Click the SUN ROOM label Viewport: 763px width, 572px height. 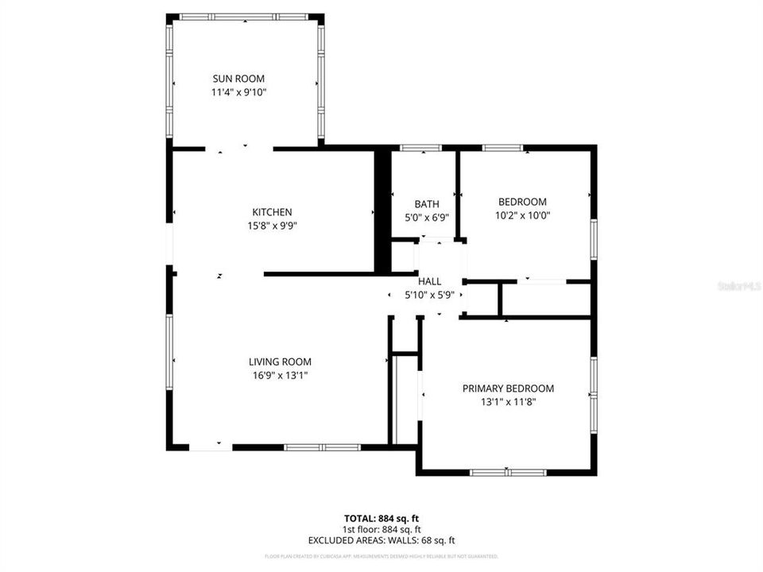coord(238,79)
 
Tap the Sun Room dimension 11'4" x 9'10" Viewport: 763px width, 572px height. coord(238,92)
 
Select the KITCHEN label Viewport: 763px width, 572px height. coord(272,212)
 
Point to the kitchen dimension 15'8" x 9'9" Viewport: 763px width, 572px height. coord(272,226)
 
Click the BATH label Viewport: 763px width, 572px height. coord(426,204)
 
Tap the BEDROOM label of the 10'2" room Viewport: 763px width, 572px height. coord(522,202)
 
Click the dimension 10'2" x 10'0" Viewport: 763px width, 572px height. coord(522,215)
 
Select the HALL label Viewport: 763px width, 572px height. coord(429,281)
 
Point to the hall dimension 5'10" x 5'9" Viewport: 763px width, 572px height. coord(429,295)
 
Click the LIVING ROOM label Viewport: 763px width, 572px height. coord(280,361)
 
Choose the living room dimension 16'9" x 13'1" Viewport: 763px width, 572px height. coord(280,375)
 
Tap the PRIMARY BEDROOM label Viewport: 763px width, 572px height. coord(508,388)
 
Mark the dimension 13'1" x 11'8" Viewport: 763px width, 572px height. coord(508,402)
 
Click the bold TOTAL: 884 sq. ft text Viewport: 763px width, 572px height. coord(381,518)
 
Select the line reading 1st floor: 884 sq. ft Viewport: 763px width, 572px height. coord(381,529)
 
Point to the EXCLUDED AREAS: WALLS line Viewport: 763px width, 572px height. coord(381,540)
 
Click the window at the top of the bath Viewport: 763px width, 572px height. coord(420,148)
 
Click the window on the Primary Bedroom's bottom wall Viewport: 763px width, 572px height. coord(508,472)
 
